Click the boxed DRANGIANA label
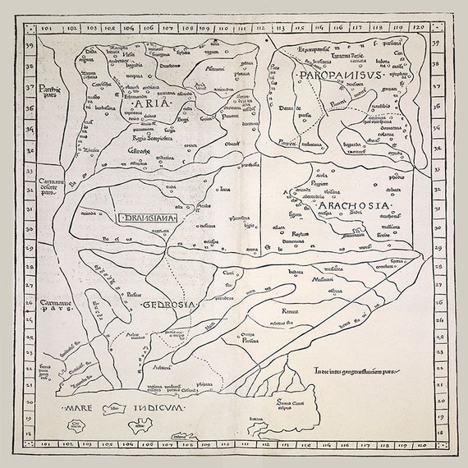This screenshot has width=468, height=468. tap(149, 218)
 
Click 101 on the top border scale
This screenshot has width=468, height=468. tap(46, 28)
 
